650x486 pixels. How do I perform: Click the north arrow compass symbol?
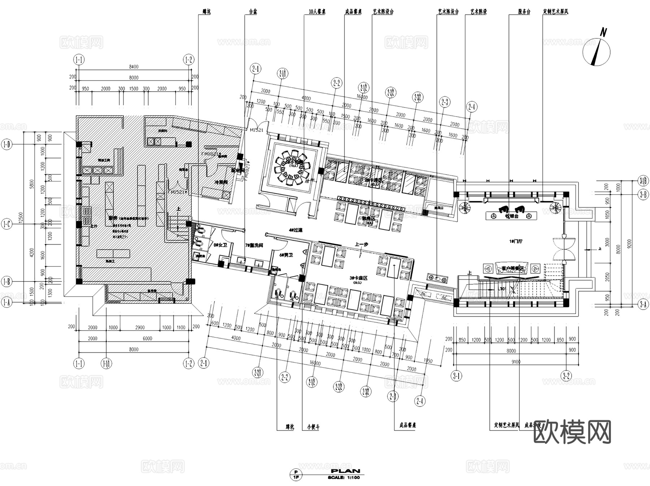click(597, 51)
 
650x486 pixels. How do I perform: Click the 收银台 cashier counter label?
click(511, 216)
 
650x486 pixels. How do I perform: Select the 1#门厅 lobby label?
click(516, 241)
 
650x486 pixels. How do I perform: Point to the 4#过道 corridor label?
click(295, 230)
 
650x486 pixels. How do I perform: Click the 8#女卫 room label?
click(220, 245)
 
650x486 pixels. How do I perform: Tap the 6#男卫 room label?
click(286, 255)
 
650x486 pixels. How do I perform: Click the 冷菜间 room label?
click(221, 183)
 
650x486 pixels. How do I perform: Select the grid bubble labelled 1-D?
click(7, 145)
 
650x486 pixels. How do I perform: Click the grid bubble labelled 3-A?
click(643, 305)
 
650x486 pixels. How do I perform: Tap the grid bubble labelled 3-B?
click(643, 194)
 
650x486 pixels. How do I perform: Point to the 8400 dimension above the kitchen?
click(134, 67)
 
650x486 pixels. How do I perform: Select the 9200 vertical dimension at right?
click(629, 246)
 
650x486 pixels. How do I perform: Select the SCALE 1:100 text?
click(344, 478)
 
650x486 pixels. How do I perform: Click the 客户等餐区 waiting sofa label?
click(512, 268)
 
